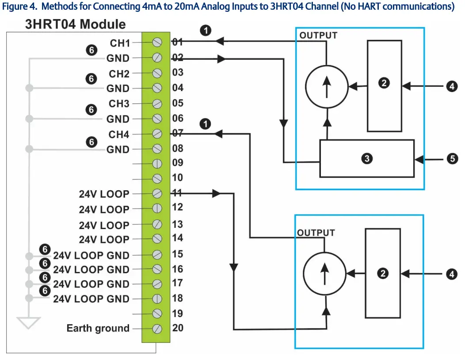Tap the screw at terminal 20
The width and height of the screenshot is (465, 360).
[x=157, y=329]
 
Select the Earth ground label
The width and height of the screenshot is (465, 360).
[x=98, y=328]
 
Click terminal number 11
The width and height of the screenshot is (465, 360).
[x=177, y=192]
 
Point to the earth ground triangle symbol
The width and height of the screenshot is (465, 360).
[x=29, y=323]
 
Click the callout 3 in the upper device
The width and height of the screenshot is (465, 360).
[x=366, y=158]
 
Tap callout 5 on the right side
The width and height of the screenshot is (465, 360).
[x=452, y=158]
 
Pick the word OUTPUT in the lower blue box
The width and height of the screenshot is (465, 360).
[x=316, y=233]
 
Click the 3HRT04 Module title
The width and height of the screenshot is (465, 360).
[x=75, y=24]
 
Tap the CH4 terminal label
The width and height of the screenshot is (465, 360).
[x=119, y=134]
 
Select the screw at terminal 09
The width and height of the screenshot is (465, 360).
[x=157, y=163]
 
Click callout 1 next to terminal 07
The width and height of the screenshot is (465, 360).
[x=205, y=124]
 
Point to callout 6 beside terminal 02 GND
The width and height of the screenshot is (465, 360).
[x=91, y=50]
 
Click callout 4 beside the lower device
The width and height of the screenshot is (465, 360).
[x=451, y=274]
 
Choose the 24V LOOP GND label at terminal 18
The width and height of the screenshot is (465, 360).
[x=91, y=299]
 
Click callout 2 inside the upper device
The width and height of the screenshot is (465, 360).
[x=384, y=83]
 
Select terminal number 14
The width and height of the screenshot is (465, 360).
[x=177, y=238]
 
